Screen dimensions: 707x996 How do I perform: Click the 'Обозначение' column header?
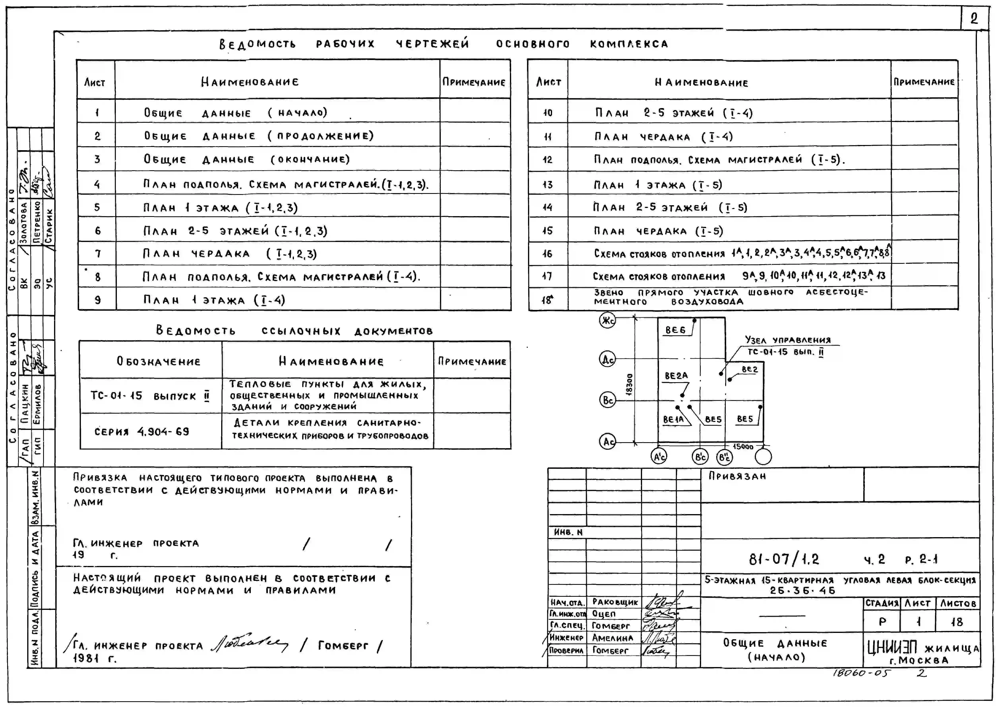[x=159, y=361]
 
